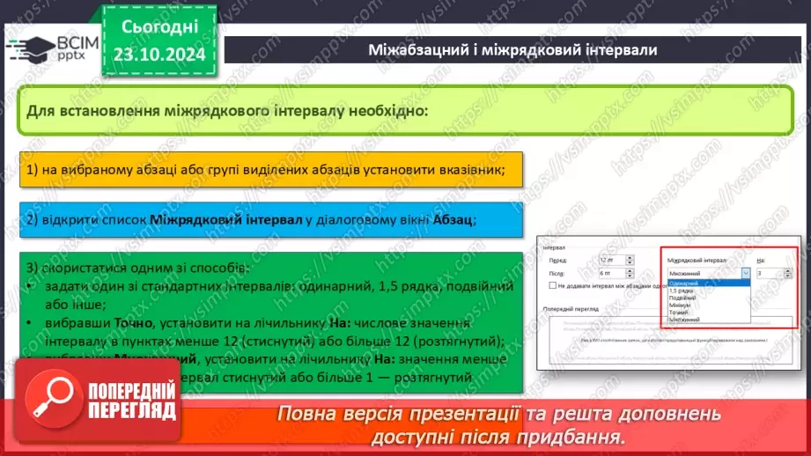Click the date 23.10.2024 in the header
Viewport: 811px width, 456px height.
click(160, 55)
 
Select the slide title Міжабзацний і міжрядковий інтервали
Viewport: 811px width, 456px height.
click(512, 49)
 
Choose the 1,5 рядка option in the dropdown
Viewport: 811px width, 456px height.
click(680, 291)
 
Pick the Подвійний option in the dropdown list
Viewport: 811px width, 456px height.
click(682, 298)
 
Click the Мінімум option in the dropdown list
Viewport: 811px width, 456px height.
click(680, 305)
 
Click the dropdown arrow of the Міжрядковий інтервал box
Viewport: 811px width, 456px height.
click(747, 274)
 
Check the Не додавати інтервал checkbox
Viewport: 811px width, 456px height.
click(552, 286)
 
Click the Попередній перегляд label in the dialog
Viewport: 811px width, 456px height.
click(572, 308)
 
